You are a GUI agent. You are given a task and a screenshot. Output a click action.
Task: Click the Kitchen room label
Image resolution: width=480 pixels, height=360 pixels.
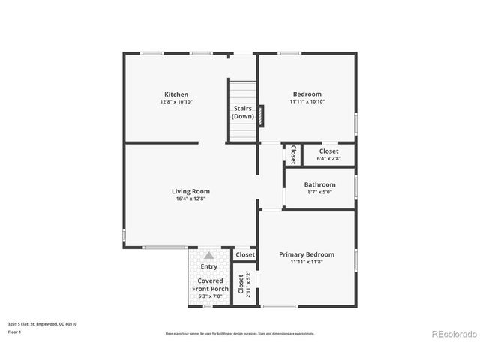tap(176, 94)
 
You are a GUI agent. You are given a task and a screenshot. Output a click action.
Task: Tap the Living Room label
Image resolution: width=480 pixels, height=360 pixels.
tap(190, 191)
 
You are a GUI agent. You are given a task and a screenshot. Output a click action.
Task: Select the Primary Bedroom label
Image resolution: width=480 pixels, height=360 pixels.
tap(307, 254)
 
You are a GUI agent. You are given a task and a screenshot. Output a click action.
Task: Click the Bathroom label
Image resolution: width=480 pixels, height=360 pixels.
tap(319, 184)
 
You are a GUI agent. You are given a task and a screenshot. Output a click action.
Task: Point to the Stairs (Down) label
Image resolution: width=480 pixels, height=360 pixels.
tap(242, 112)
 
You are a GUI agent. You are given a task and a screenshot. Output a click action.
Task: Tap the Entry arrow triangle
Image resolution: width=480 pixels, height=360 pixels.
tap(209, 256)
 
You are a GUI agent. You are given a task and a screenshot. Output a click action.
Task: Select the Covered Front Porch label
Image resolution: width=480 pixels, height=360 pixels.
tap(208, 284)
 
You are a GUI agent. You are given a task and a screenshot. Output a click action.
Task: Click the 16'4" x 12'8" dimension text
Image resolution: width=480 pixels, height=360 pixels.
tap(190, 199)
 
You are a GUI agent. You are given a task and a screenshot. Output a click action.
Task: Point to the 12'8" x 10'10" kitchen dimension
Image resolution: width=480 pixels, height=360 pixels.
tap(176, 102)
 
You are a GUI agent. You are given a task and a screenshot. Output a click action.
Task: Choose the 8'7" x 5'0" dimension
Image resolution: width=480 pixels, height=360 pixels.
tap(319, 192)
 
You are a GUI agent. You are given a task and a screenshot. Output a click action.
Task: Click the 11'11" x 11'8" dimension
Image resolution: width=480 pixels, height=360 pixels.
tap(307, 262)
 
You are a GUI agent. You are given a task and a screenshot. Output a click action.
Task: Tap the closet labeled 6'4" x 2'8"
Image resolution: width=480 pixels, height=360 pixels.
tap(328, 154)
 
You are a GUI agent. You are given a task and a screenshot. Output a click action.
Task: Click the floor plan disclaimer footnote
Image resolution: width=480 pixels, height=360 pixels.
tap(240, 333)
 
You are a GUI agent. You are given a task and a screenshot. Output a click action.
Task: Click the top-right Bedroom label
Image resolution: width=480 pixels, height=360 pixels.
tap(307, 94)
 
